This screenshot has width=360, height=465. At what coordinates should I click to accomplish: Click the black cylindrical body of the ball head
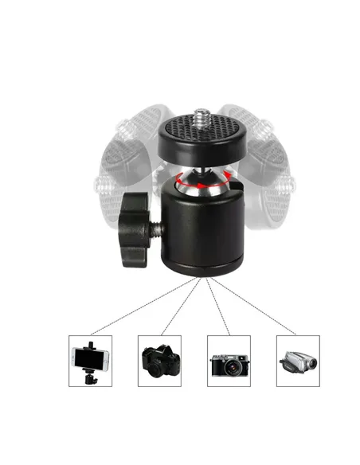point(204,231)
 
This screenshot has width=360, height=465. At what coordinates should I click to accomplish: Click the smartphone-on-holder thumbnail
point(90,361)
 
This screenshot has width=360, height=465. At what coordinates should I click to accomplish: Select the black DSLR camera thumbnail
point(159,361)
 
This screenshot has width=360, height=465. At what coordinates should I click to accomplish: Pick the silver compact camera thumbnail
point(229,361)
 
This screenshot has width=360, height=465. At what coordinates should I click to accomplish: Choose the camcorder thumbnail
point(298,361)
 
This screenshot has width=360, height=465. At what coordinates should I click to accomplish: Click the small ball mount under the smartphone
point(90,377)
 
